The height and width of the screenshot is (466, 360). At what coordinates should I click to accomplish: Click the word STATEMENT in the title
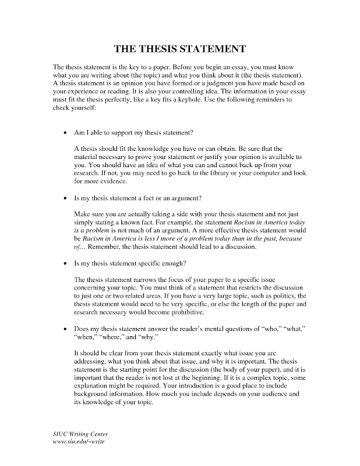click(211, 48)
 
